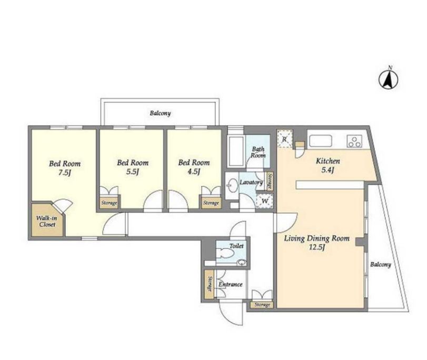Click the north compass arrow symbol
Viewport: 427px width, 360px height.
(389, 79)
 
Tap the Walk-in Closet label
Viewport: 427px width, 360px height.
(47, 222)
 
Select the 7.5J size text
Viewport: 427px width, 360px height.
(65, 173)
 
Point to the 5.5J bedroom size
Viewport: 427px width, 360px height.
(133, 172)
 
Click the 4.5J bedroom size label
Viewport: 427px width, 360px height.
(194, 172)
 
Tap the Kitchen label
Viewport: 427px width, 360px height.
(327, 161)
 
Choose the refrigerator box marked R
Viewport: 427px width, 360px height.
(284, 139)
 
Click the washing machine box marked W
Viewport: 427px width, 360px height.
(265, 201)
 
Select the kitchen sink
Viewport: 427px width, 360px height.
(321, 141)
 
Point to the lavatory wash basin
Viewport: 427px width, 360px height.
(233, 185)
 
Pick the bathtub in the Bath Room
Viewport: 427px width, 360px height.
(235, 152)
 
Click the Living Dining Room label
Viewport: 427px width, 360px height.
(317, 238)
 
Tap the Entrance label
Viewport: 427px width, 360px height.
(231, 284)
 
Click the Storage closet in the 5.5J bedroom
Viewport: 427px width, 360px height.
(109, 202)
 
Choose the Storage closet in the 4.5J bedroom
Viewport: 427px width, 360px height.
(211, 202)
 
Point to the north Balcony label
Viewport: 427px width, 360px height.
(161, 113)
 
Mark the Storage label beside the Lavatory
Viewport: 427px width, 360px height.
(270, 182)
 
